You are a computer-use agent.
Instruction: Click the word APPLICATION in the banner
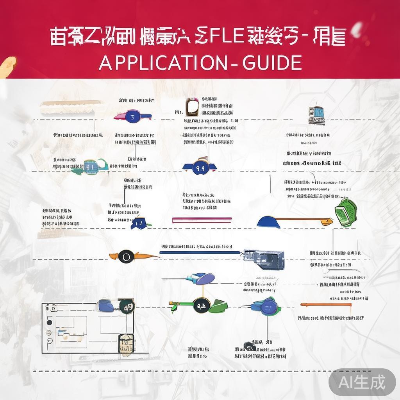(x=162, y=62)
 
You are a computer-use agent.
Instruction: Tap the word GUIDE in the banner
(x=272, y=62)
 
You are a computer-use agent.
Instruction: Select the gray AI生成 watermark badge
(x=362, y=382)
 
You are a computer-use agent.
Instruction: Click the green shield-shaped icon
(x=346, y=212)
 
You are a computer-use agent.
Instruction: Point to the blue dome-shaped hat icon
(x=268, y=222)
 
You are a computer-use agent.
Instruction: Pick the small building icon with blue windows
(x=316, y=115)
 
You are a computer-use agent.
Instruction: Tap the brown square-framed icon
(x=192, y=107)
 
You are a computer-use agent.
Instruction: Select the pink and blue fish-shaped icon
(x=132, y=116)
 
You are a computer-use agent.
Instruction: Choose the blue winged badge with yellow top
(x=200, y=166)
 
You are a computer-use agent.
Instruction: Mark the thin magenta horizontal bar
(x=202, y=220)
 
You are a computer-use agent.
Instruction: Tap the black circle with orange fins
(x=126, y=257)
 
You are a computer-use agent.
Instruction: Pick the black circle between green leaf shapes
(x=202, y=304)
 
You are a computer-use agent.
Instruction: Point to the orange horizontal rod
(x=326, y=304)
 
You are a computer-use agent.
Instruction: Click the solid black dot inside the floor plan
(x=49, y=323)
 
